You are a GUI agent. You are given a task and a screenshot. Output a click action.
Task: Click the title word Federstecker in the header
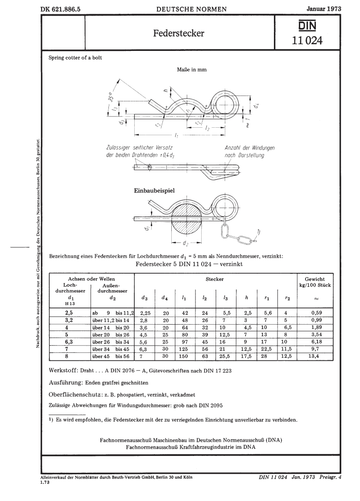(x=179, y=33)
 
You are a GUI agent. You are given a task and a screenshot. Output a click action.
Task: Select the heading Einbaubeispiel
(x=155, y=191)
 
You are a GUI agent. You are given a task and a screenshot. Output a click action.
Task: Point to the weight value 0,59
(x=314, y=312)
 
